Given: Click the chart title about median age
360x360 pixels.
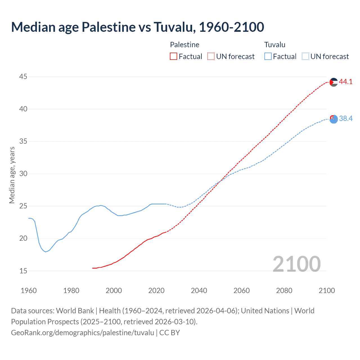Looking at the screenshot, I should (138, 27).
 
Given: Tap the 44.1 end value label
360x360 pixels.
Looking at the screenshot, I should (346, 82).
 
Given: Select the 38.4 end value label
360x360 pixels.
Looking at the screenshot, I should (346, 119).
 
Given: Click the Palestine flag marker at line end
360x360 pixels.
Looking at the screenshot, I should (334, 82).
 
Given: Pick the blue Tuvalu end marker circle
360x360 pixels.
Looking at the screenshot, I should (334, 119).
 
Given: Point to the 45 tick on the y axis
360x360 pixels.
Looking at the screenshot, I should (23, 76).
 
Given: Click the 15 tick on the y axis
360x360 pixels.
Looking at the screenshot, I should (23, 271).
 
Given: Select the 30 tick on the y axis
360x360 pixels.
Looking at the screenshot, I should (23, 174).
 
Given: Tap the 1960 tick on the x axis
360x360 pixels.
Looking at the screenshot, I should (29, 291).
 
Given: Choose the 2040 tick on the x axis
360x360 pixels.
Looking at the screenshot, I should (199, 291).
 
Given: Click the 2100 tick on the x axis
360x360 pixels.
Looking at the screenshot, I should (327, 291).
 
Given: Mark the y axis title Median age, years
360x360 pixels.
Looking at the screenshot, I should (12, 175).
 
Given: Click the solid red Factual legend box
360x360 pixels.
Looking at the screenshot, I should (174, 57).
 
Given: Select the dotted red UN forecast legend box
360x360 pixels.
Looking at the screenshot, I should (211, 57).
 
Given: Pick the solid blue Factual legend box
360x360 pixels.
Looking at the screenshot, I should (268, 57).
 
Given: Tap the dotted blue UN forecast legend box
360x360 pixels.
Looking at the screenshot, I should (305, 57).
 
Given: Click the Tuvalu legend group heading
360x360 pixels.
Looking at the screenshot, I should (275, 45).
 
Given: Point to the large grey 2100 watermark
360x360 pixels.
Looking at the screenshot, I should (297, 264).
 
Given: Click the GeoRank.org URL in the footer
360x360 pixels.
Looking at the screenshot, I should (82, 333).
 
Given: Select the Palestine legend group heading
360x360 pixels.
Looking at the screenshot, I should (184, 45).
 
